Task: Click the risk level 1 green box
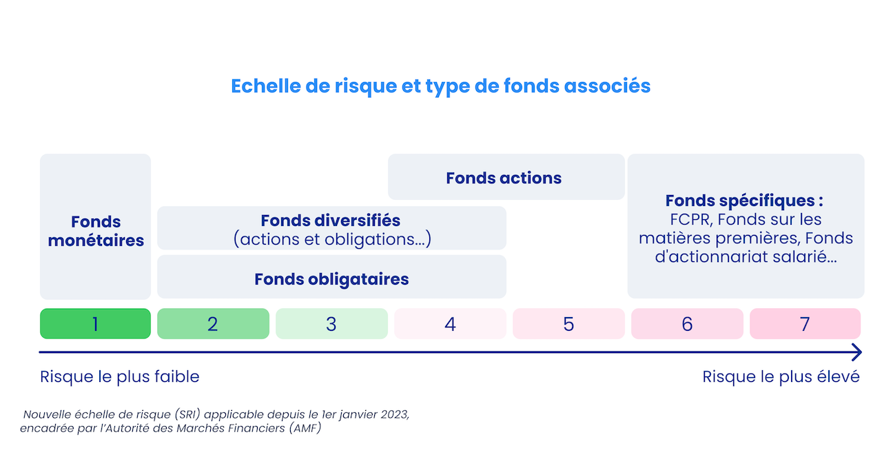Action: click(95, 324)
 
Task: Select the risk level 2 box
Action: click(213, 324)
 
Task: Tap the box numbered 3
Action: click(331, 324)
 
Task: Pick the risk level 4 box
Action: click(450, 324)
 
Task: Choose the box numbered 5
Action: click(568, 324)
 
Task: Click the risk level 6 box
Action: click(687, 324)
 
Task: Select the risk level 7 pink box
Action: click(805, 324)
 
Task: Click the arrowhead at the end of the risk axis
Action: click(857, 353)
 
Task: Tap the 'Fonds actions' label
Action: click(504, 178)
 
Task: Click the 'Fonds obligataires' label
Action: click(331, 279)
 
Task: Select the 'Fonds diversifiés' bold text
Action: click(330, 221)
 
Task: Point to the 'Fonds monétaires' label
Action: click(96, 231)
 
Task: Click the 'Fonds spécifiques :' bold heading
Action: click(744, 201)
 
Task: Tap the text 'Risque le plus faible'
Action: click(120, 377)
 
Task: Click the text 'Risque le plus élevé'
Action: click(781, 377)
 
